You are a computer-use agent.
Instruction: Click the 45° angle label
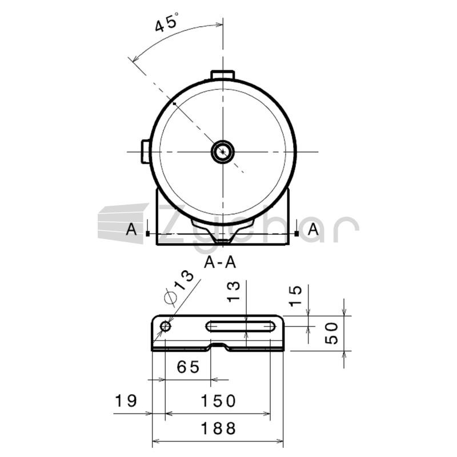(166, 22)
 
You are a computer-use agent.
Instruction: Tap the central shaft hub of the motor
(223, 152)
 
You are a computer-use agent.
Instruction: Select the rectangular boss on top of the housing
(223, 75)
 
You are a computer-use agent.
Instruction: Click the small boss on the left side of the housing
(146, 151)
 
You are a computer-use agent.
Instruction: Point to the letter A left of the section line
(131, 229)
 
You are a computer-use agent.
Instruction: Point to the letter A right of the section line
(313, 229)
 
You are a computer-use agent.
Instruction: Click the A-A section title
(220, 262)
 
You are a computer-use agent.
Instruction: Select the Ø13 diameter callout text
(179, 288)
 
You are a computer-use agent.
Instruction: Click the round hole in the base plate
(166, 326)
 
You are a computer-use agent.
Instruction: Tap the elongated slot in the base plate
(240, 326)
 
